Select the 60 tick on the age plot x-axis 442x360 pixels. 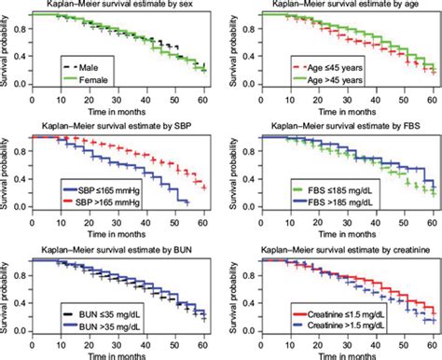[x=429, y=99]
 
